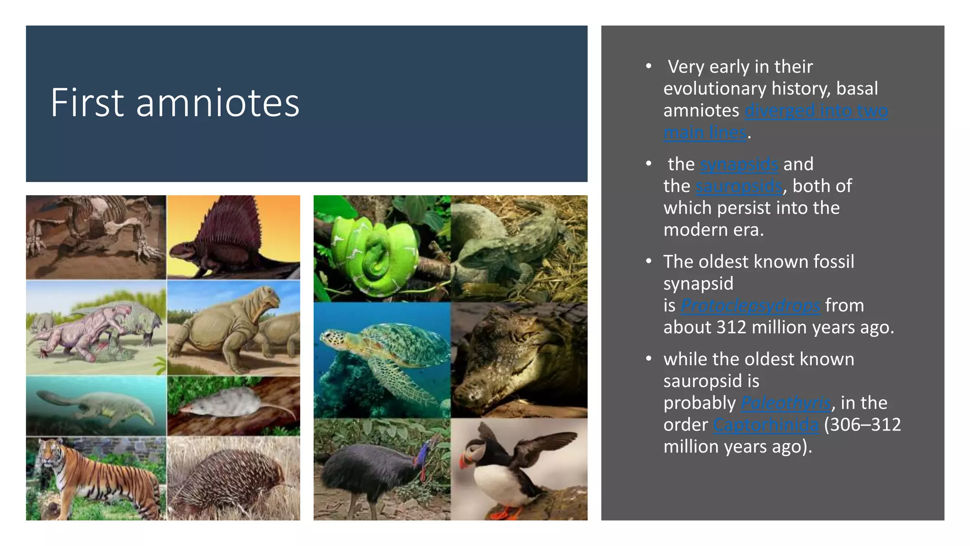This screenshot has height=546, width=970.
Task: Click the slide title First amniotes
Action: [175, 103]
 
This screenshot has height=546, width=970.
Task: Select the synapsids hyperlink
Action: [739, 164]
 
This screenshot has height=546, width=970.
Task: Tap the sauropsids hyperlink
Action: [739, 186]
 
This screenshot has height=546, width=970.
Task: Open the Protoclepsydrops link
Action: [750, 306]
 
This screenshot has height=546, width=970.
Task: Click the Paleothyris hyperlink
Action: [786, 403]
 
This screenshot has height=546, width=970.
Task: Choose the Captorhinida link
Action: [765, 425]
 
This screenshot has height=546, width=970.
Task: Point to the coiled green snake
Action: [374, 251]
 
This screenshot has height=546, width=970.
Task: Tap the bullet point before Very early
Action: [648, 66]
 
